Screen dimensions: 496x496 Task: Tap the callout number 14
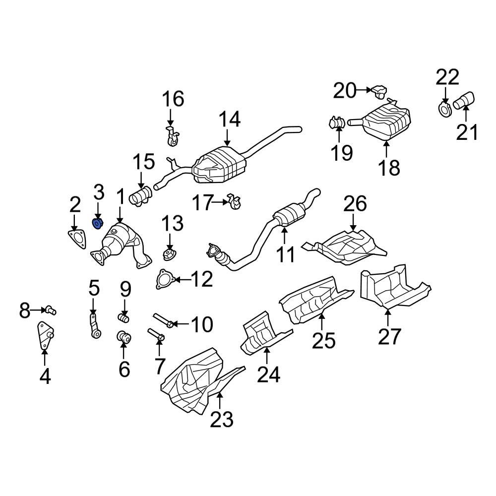[x=230, y=120]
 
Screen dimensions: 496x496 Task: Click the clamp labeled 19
[x=337, y=122]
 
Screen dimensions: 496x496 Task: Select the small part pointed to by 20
[x=380, y=90]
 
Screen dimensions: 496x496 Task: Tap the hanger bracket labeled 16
[x=171, y=136]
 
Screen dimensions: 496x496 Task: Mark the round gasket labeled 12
[x=162, y=279]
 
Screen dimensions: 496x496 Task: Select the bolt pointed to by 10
[x=163, y=320]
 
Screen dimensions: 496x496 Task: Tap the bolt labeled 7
[x=156, y=335]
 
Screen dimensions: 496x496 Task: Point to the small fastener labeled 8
[x=50, y=311]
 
